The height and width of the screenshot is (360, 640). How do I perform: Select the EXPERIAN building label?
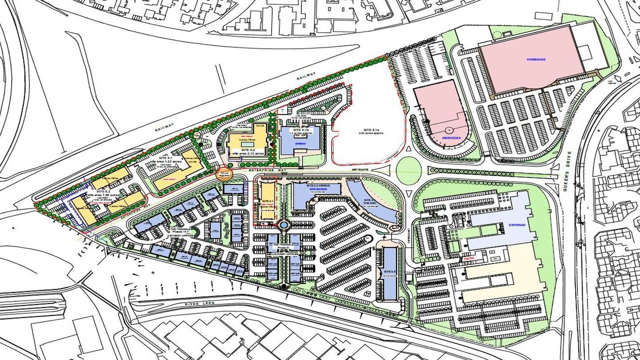pyautogui.click(x=517, y=225)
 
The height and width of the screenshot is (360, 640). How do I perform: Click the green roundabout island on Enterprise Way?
pyautogui.click(x=408, y=170)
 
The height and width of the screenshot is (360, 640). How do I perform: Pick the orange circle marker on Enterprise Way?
pyautogui.click(x=224, y=173)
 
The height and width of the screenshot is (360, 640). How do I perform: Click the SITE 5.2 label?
pyautogui.click(x=247, y=152)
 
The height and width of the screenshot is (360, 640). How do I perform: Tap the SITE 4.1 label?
pyautogui.click(x=268, y=200)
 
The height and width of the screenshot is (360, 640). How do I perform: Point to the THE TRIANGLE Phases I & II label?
pyautogui.click(x=182, y=231)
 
